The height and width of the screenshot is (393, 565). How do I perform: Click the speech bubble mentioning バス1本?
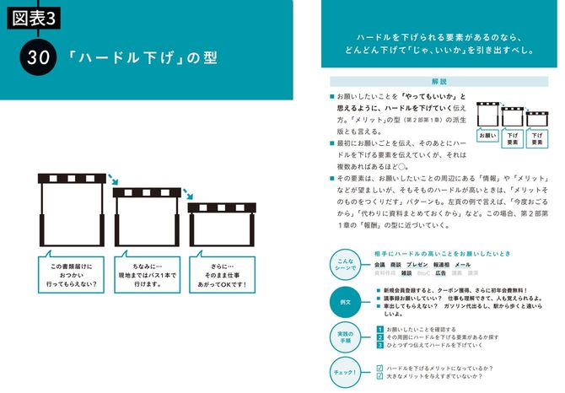[x=147, y=270]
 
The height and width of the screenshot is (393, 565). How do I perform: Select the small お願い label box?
[x=487, y=136]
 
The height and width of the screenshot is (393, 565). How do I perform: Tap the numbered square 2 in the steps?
[x=380, y=337]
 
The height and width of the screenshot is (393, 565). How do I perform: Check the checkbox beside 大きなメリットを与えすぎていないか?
[x=380, y=376]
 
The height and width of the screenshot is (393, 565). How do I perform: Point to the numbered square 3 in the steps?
[x=380, y=346]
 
